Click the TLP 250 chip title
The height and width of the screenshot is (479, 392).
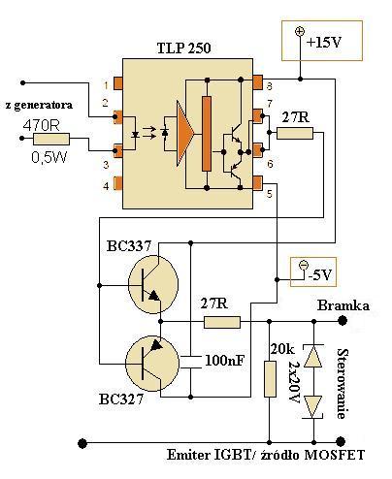(x=183, y=48)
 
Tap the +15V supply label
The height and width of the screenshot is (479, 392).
(x=324, y=43)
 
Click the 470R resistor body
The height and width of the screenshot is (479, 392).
(x=51, y=139)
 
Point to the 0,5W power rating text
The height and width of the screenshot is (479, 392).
(x=49, y=157)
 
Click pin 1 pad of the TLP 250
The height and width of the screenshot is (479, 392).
(x=117, y=84)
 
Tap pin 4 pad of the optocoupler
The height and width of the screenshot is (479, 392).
(x=117, y=183)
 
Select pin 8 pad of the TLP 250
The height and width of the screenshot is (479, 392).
(x=258, y=82)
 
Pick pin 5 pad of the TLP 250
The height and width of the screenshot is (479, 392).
(x=258, y=183)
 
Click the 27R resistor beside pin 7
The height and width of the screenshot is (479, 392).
(x=295, y=133)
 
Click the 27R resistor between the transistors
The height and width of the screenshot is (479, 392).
(x=222, y=322)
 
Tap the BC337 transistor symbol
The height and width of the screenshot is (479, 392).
(x=153, y=284)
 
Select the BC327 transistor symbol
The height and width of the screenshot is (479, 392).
(x=152, y=364)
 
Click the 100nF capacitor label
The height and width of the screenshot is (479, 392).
(x=225, y=361)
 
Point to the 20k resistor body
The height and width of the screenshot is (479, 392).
(x=270, y=379)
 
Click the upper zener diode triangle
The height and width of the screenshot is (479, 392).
(x=313, y=356)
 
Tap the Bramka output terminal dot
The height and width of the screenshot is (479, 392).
(x=343, y=321)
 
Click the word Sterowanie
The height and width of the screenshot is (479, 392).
(x=343, y=384)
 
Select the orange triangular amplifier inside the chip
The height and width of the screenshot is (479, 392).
(x=185, y=133)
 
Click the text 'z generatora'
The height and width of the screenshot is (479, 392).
(x=39, y=105)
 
